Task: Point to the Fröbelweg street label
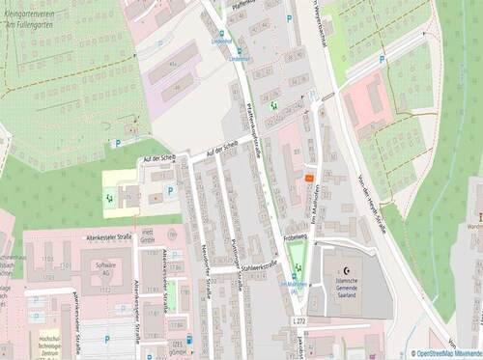point(296,235)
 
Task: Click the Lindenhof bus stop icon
point(221,32)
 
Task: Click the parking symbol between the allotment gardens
point(383,60)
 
